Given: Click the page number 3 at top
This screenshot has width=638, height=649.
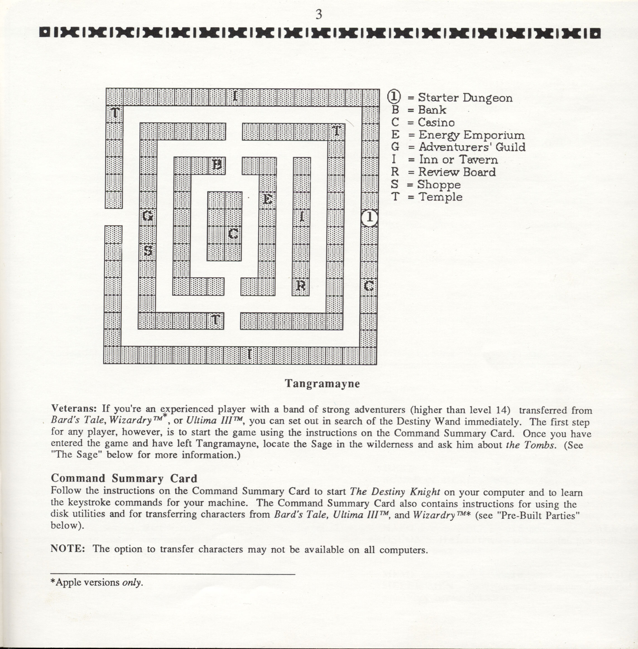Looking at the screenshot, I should [x=319, y=15].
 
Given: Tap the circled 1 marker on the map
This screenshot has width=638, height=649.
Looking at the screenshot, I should [x=370, y=217].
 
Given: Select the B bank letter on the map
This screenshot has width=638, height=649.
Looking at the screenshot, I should [x=217, y=165].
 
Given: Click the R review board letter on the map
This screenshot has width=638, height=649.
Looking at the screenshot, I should [x=301, y=286].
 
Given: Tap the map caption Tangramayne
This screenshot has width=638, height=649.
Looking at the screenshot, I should [x=322, y=383].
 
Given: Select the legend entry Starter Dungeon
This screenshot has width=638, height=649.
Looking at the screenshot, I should [x=465, y=98].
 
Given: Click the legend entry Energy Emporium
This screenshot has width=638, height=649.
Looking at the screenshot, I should [x=471, y=135].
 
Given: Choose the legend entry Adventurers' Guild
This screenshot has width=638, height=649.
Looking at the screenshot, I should [x=472, y=147].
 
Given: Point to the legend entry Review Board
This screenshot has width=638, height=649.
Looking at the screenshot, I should [x=457, y=172].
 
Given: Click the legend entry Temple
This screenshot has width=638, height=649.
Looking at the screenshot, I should [x=440, y=197].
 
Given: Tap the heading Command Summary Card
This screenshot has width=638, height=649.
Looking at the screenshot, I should [x=124, y=478].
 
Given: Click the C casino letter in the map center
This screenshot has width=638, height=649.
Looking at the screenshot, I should [x=234, y=233].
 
